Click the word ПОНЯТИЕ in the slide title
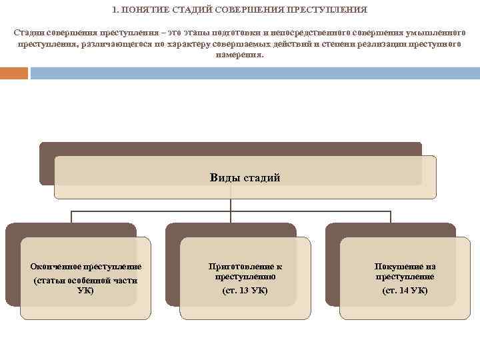coord(141,11)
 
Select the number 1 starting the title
coord(115,11)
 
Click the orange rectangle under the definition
coord(14,73)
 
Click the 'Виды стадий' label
coord(245,177)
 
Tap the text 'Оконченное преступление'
coord(85,267)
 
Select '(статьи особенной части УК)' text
coord(85,285)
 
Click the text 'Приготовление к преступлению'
coord(245,271)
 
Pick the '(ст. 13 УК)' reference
coord(245,291)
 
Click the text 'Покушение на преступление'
coord(405,271)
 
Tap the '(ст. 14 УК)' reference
coord(405,291)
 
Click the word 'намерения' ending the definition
coord(239,55)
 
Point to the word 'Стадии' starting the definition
coord(28,32)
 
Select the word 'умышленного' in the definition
coord(435,32)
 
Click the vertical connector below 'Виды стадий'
coord(231,204)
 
